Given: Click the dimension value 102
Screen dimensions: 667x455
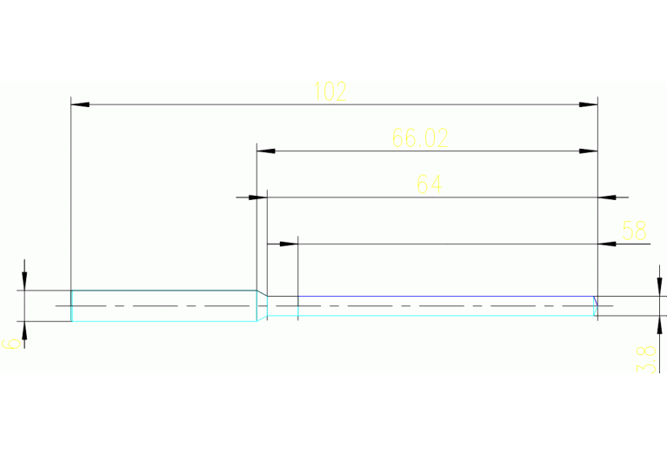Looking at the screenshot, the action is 330,91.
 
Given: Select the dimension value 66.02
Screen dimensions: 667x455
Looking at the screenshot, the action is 420,138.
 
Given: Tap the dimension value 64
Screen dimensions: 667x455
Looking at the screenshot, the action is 429,184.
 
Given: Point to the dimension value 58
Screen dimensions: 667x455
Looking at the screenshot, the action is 634,231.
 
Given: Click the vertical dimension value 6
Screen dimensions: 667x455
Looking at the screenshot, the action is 11,343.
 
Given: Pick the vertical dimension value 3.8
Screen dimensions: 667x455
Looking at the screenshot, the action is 646,358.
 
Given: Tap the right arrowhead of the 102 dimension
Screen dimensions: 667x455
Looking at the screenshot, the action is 589,104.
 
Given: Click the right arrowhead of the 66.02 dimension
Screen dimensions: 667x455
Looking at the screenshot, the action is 589,151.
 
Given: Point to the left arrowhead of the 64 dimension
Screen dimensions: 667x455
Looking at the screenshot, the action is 257,197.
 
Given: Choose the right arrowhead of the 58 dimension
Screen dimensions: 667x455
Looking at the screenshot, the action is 608,244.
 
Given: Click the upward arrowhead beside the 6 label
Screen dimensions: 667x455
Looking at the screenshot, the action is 25,331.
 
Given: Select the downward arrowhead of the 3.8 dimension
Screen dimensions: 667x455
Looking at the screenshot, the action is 658,287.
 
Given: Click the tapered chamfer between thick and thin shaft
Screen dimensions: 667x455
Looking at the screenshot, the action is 261,305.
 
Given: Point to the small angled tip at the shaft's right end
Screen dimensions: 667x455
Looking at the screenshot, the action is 596,305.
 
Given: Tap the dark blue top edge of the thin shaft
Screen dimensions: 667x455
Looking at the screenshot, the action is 435,296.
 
